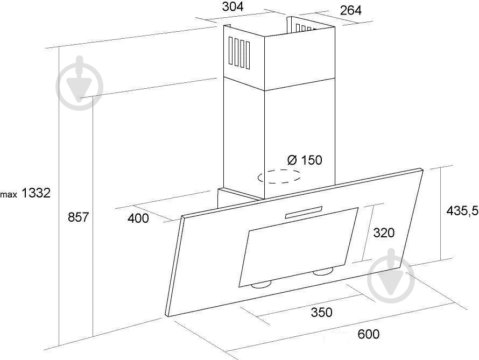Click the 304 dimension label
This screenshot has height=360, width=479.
click(x=233, y=6)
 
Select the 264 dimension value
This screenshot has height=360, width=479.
click(x=351, y=10)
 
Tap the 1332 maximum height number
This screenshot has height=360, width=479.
click(x=36, y=193)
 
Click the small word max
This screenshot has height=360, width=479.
click(x=9, y=194)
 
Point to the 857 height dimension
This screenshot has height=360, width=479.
click(x=78, y=217)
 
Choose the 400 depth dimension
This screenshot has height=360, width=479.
click(x=138, y=218)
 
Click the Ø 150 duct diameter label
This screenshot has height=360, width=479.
click(x=305, y=160)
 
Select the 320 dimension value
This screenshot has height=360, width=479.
click(x=384, y=233)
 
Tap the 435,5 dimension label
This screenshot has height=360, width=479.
click(x=462, y=211)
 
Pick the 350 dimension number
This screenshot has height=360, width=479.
click(x=321, y=312)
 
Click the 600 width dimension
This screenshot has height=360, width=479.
click(x=369, y=334)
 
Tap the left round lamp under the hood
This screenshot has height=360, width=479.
click(x=262, y=285)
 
